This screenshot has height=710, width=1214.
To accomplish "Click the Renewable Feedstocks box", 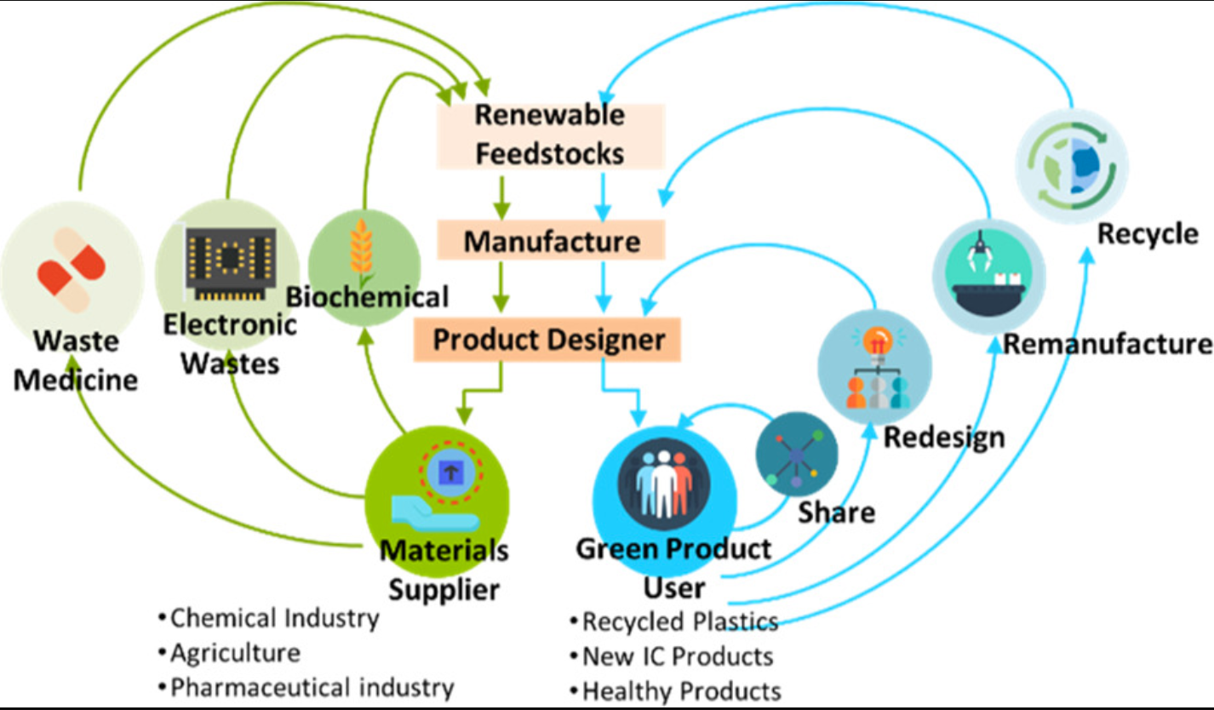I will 550,135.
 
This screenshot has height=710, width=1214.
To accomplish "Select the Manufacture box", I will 552,241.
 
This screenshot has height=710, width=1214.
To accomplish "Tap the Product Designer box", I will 549,340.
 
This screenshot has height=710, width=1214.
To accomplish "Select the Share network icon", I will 796,455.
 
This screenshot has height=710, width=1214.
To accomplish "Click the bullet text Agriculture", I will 235,653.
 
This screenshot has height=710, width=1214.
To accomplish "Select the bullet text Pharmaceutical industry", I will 312,687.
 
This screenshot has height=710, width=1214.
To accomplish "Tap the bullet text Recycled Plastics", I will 679,621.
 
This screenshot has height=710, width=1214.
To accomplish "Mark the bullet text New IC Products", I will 677,656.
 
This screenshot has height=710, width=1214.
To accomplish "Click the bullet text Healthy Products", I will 681,690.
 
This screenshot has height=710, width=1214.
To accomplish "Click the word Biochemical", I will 367,297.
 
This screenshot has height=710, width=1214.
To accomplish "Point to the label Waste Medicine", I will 76,360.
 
